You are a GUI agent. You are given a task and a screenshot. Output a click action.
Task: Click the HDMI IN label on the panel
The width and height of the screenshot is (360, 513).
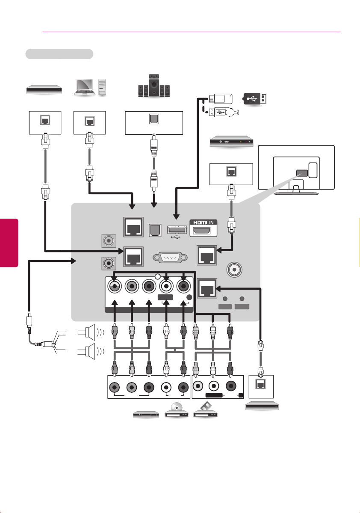click(203, 222)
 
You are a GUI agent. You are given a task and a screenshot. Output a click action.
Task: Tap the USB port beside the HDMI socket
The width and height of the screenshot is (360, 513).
click(177, 230)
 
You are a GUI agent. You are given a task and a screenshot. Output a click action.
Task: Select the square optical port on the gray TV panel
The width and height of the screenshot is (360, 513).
click(155, 230)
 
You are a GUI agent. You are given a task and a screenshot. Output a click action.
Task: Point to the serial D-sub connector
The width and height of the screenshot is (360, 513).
click(170, 257)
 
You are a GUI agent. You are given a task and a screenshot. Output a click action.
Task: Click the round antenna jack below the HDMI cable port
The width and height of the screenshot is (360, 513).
click(234, 270)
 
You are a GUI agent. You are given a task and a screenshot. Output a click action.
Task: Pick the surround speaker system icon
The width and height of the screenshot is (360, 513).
click(153, 86)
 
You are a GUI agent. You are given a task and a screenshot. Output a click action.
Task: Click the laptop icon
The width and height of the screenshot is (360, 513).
click(85, 87)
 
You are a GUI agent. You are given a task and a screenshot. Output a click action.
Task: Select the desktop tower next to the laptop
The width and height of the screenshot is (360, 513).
click(102, 87)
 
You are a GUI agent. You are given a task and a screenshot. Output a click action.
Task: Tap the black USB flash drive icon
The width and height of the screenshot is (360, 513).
click(255, 98)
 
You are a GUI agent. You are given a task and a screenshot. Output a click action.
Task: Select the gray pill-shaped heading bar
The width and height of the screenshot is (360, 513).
click(59, 54)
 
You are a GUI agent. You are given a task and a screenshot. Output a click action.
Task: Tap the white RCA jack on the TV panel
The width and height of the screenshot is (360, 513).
click(166, 287)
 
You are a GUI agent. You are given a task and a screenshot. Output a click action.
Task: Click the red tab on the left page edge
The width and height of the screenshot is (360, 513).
click(9, 243)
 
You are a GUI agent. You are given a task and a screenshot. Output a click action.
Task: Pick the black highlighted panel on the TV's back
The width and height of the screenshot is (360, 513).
click(302, 173)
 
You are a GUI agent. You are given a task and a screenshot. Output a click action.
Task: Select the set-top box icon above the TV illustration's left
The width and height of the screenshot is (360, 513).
click(231, 142)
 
